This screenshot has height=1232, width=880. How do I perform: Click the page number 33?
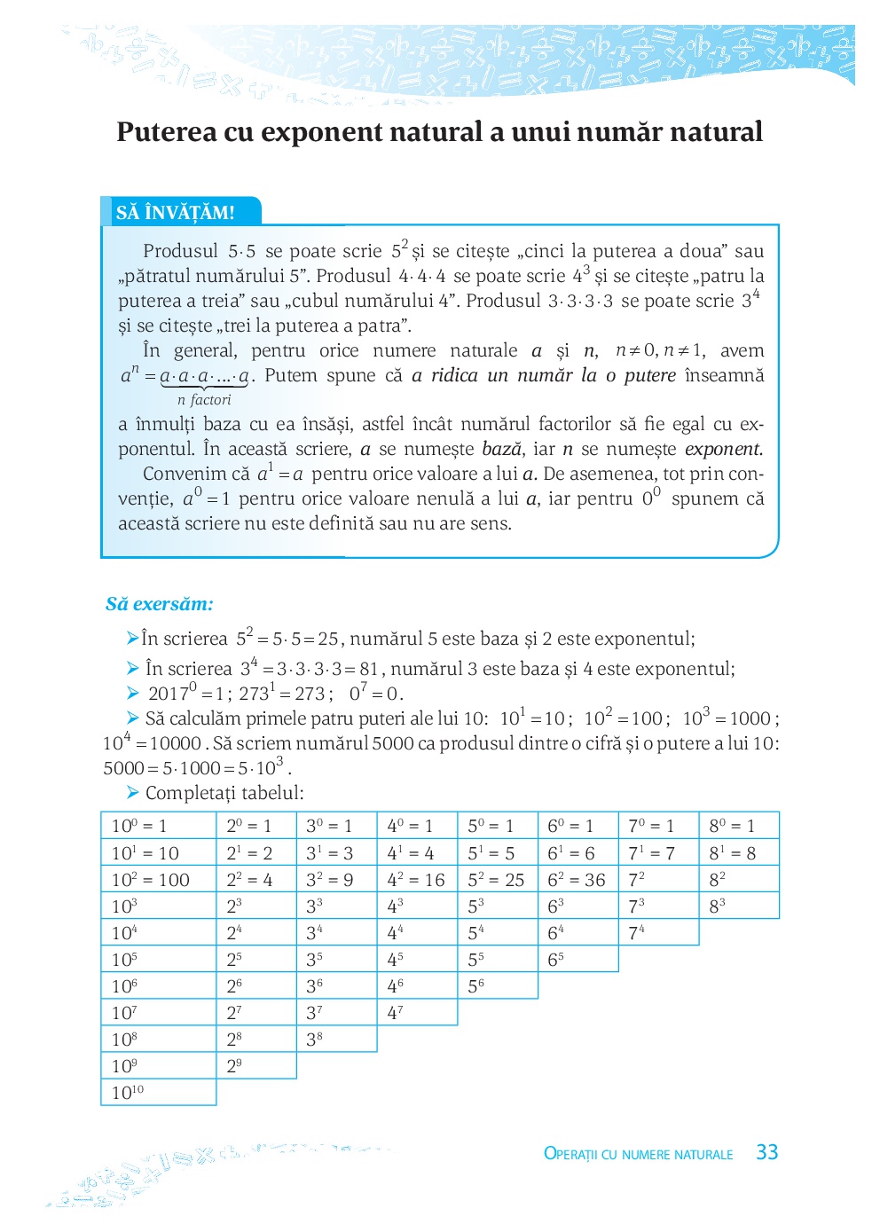pyautogui.click(x=766, y=1152)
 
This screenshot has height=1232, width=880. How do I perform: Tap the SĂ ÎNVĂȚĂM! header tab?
pyautogui.click(x=176, y=213)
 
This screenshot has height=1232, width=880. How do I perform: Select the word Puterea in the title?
pyautogui.click(x=167, y=132)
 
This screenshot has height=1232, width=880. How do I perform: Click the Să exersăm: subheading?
pyautogui.click(x=160, y=604)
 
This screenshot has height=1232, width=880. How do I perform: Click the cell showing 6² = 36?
pyautogui.click(x=577, y=880)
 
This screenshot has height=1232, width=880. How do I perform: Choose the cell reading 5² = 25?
pyautogui.click(x=496, y=880)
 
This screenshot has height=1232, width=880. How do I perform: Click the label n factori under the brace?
pyautogui.click(x=204, y=400)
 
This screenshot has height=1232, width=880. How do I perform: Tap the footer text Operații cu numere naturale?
pyautogui.click(x=638, y=1154)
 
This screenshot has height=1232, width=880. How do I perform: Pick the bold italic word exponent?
pyautogui.click(x=723, y=449)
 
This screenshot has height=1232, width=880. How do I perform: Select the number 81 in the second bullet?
pyautogui.click(x=369, y=669)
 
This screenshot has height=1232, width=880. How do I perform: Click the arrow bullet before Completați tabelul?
pyautogui.click(x=133, y=792)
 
